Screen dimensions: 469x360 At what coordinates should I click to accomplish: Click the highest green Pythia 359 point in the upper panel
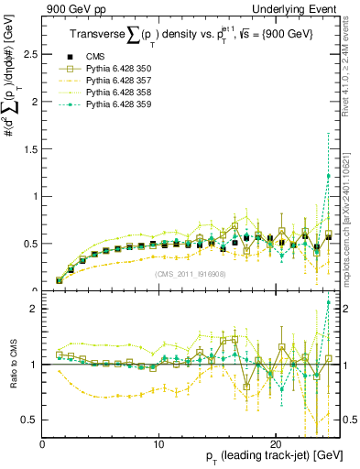coord(329,176)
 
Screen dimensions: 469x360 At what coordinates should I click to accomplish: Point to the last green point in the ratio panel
coord(329,301)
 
